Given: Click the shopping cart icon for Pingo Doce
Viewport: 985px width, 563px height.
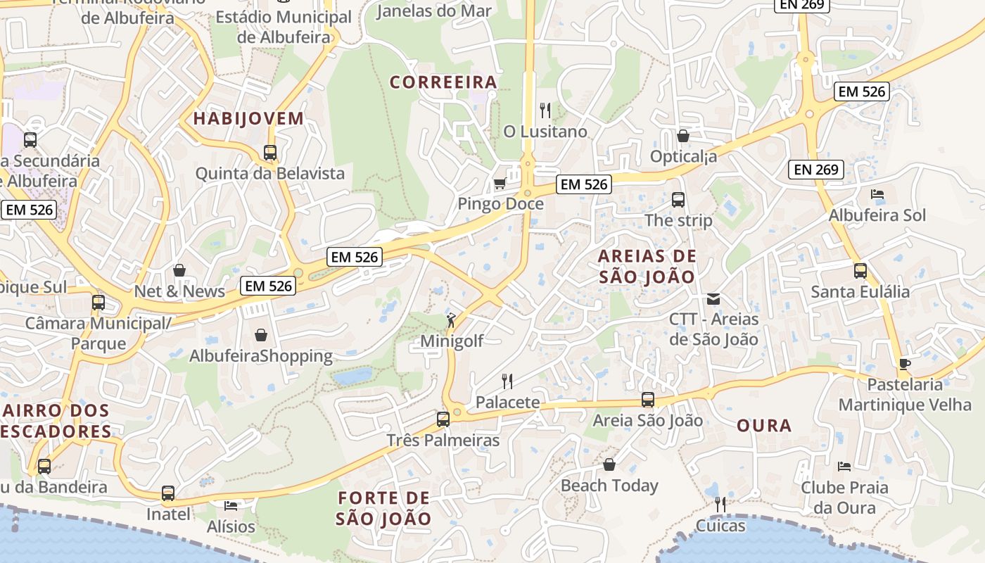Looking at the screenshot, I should [500, 184].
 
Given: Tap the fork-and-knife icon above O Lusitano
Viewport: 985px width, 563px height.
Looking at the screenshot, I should [545, 110].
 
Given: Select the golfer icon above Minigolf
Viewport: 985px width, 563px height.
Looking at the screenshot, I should [451, 321].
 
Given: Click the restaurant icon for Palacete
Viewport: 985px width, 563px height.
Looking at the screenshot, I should [507, 381].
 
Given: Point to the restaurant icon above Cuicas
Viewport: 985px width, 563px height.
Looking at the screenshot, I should [720, 505].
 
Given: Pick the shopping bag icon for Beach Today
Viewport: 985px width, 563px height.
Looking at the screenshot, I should [609, 465].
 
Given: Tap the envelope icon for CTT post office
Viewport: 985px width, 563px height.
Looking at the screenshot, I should [713, 299].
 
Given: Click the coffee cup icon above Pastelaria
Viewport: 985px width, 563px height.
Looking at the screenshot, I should [905, 364].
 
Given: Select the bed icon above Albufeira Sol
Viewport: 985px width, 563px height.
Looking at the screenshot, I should [877, 194].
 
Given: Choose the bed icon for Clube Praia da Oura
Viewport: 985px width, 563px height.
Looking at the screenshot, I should [844, 466].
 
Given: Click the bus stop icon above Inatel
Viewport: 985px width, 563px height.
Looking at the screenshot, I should [168, 493].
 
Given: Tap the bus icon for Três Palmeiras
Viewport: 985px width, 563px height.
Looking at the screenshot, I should [443, 419].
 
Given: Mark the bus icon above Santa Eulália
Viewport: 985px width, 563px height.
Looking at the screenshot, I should [860, 271].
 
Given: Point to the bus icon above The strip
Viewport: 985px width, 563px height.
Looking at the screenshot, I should [678, 200].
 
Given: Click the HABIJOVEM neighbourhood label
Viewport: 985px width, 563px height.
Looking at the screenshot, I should [248, 118].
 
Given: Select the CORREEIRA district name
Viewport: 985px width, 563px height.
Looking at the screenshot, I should [443, 82].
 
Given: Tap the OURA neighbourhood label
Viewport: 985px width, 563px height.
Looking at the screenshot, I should [764, 426].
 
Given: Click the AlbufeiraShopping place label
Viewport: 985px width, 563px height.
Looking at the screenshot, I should [261, 356].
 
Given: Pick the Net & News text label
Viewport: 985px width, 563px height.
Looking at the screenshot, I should [179, 291].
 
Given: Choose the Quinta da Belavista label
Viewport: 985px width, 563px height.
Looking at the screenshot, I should [270, 173].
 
